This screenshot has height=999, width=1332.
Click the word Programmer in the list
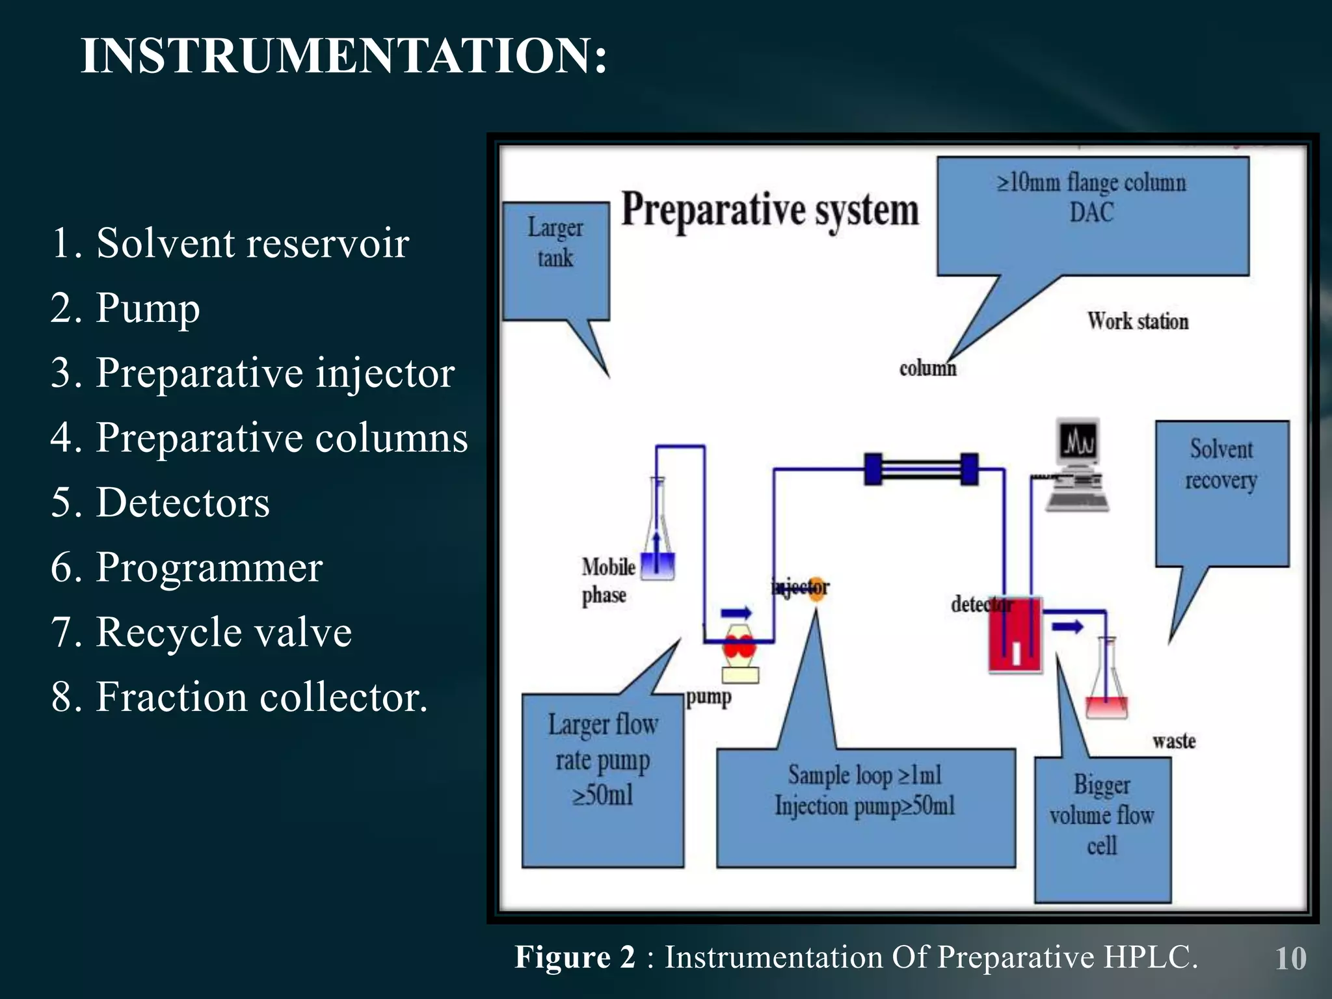(x=209, y=567)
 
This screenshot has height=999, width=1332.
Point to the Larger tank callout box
(x=555, y=260)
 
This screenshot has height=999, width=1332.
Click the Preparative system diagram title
(x=770, y=209)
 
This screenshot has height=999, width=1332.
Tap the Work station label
(x=1138, y=321)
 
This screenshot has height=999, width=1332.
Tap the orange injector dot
(x=817, y=588)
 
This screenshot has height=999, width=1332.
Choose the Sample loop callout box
(x=865, y=806)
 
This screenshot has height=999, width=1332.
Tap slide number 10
(x=1290, y=959)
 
